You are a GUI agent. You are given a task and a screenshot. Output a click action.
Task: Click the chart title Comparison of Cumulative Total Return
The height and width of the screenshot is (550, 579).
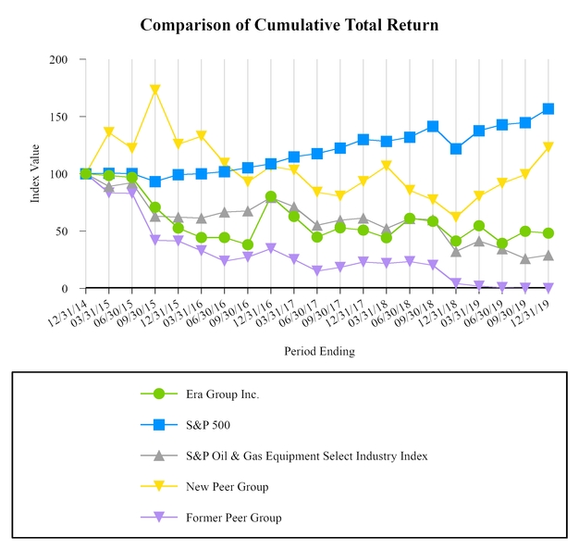tap(289, 25)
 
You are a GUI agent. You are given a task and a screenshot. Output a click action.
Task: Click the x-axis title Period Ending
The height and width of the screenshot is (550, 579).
tap(319, 351)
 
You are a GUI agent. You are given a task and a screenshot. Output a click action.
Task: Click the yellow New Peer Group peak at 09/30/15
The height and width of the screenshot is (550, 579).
tap(155, 90)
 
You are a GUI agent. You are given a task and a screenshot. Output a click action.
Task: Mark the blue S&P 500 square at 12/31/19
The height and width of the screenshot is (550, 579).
tap(548, 108)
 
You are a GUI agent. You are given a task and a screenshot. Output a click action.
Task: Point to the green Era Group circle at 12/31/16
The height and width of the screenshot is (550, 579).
tap(270, 196)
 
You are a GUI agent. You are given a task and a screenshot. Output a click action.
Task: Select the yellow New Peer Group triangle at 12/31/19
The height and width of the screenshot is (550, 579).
tap(548, 147)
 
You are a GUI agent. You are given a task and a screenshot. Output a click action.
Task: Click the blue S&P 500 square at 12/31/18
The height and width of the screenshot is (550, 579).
tap(456, 148)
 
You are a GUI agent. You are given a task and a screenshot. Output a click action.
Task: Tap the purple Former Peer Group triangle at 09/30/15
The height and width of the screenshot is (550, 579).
tap(155, 240)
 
